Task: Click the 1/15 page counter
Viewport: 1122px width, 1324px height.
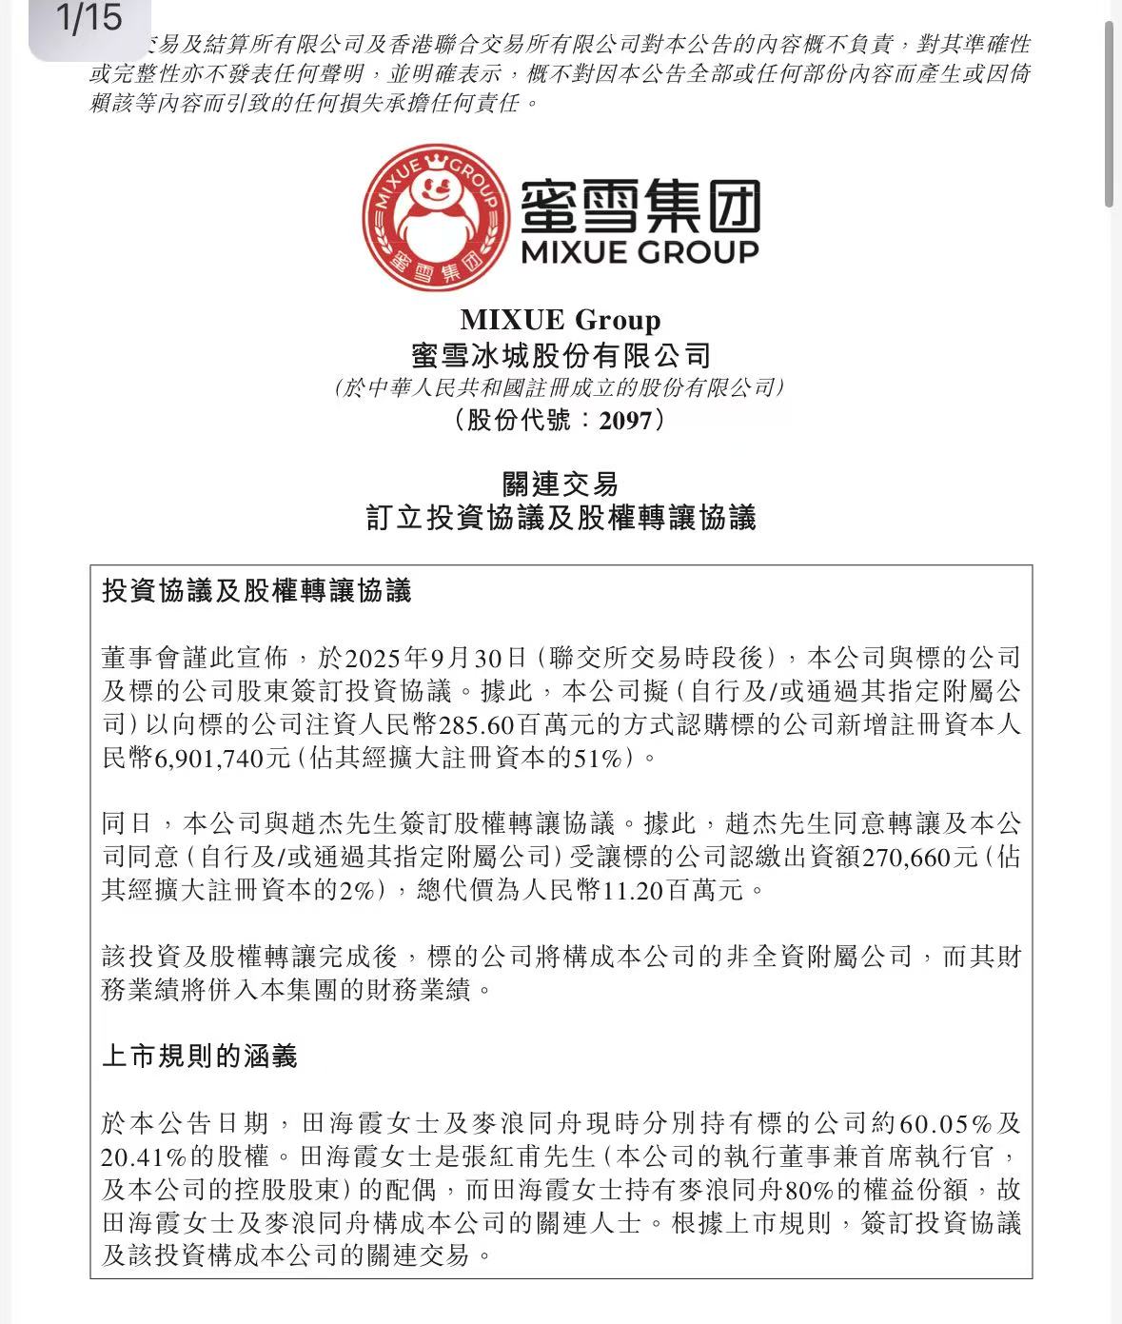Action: pyautogui.click(x=89, y=19)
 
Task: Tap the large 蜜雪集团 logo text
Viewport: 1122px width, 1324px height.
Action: pyautogui.click(x=640, y=206)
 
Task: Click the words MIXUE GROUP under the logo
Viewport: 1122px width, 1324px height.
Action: pyautogui.click(x=640, y=252)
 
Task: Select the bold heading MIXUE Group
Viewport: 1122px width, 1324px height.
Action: pyautogui.click(x=560, y=320)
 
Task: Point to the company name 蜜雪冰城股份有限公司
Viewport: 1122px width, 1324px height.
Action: pyautogui.click(x=561, y=356)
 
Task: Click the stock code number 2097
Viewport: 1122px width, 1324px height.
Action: pyautogui.click(x=625, y=420)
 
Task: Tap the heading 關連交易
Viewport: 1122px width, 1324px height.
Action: pyautogui.click(x=561, y=484)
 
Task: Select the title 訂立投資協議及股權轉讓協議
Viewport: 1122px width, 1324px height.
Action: pyautogui.click(x=561, y=518)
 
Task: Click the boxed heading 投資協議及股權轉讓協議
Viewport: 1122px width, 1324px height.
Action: pyautogui.click(x=257, y=591)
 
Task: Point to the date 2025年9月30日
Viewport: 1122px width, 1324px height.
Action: pyautogui.click(x=436, y=659)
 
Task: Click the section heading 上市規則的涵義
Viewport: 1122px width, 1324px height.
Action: pyautogui.click(x=200, y=1056)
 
